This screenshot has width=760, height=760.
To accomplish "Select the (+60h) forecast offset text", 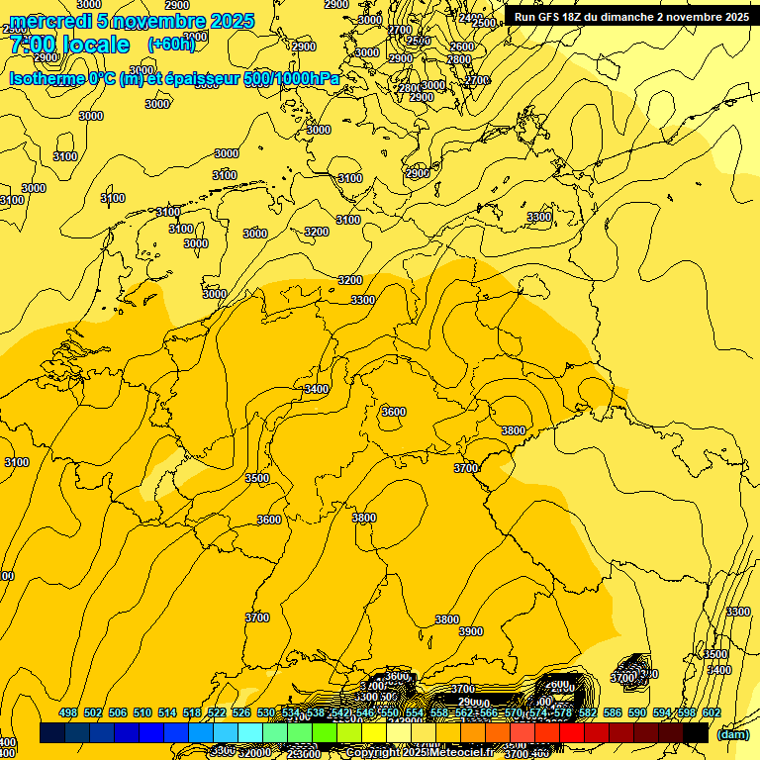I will pyautogui.click(x=171, y=45).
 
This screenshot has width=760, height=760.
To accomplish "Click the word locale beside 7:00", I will pyautogui.click(x=95, y=46).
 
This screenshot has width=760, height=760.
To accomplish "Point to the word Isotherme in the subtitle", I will pyautogui.click(x=46, y=78).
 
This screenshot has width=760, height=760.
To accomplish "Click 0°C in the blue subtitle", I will pyautogui.click(x=102, y=78).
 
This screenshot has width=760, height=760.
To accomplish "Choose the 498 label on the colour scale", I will pyautogui.click(x=68, y=712).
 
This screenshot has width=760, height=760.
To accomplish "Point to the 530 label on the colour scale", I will pyautogui.click(x=266, y=712).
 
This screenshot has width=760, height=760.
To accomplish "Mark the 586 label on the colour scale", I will pyautogui.click(x=613, y=712).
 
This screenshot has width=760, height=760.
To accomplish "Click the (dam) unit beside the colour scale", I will pyautogui.click(x=732, y=733).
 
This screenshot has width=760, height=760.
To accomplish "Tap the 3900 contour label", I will pyautogui.click(x=471, y=631).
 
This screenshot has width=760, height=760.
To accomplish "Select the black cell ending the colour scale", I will pyautogui.click(x=696, y=733).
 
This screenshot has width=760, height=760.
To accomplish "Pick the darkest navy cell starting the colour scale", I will pyautogui.click(x=51, y=733).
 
